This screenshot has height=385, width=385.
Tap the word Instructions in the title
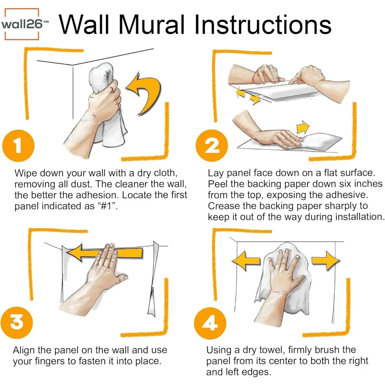263,25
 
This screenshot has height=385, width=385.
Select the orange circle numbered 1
18,146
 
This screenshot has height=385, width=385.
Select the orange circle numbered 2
212,146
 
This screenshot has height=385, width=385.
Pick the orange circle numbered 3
17,323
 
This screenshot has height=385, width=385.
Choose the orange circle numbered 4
210,323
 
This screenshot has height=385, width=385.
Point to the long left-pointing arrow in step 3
104,253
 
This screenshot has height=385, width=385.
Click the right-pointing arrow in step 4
326,261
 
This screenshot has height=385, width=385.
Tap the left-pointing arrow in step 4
246,261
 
